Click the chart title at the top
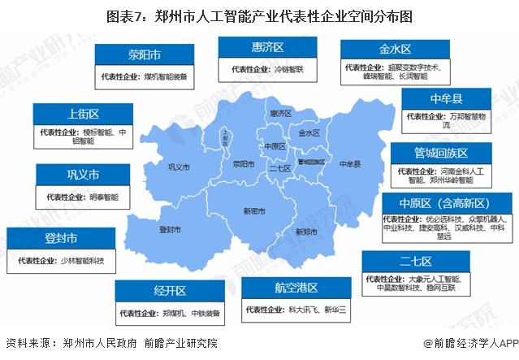[x=259, y=15]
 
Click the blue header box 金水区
[x=393, y=48]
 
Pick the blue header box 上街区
[x=83, y=114]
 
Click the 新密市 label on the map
[x=253, y=210]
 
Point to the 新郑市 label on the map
[x=307, y=231]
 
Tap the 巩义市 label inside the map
[x=177, y=167]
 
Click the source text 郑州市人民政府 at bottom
[x=92, y=344]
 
